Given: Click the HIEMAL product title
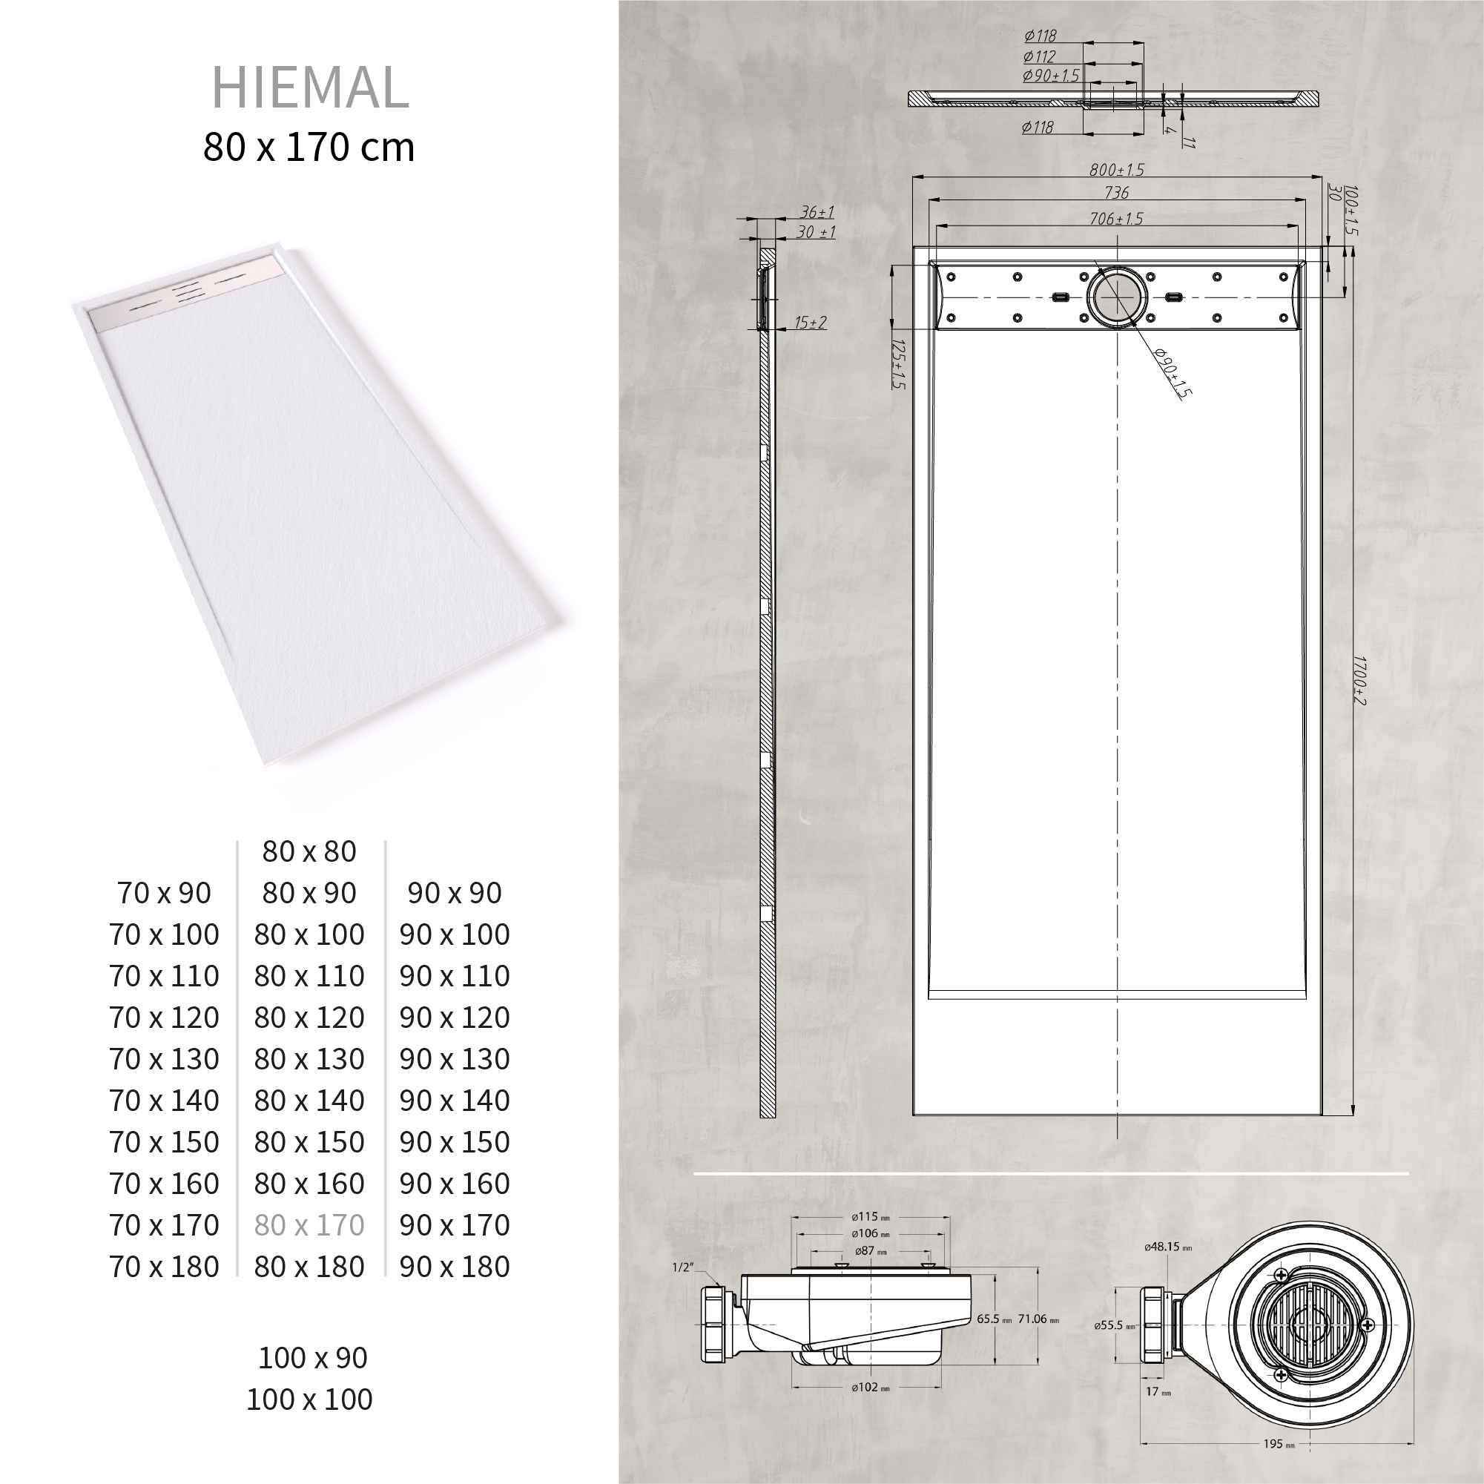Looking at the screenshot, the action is pos(309,88).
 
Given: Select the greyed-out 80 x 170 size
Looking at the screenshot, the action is pos(309,1224).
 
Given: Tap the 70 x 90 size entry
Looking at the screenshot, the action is pos(164,893).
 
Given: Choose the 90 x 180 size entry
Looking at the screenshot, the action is pos(454,1266).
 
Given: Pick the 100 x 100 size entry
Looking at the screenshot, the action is pos(309,1399).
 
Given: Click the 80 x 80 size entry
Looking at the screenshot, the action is pos(309,851).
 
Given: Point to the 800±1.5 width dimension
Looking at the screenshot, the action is pos(1116,170).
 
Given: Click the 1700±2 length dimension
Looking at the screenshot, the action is pos(1359,680).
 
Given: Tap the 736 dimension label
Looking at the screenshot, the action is pos(1116,193).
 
